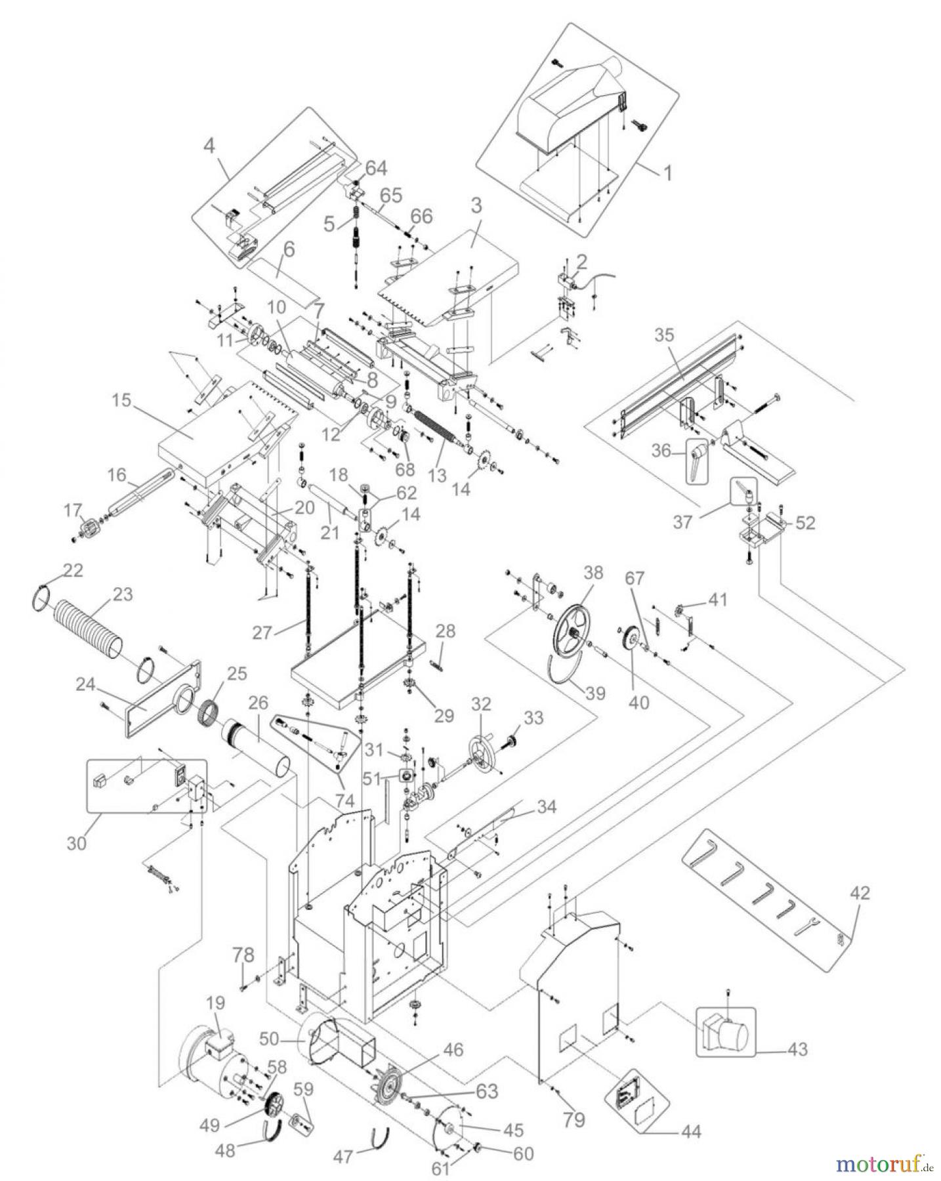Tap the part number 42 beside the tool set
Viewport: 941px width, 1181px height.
pos(860,893)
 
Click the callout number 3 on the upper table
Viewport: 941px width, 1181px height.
pos(476,205)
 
